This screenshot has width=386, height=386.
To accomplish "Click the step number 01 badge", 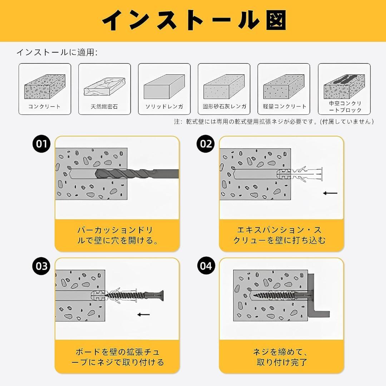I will tap(41, 144).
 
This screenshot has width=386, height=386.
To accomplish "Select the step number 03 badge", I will tap(41, 266).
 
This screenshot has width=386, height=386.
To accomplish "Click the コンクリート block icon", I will tap(45, 86).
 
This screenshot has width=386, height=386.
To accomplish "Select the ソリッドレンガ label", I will tap(164, 107).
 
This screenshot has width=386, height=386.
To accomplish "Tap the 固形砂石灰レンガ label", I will tap(224, 107).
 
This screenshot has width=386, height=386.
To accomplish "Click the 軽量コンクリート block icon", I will tap(283, 86).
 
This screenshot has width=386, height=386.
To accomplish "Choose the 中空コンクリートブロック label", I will tap(344, 107).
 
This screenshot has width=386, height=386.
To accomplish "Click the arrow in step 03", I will tap(144, 315).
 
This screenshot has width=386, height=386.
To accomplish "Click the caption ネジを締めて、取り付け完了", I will tap(282, 357).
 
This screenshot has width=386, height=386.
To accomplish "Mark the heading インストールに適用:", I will tap(57, 53).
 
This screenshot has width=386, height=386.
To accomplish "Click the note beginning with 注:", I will tap(274, 122).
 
